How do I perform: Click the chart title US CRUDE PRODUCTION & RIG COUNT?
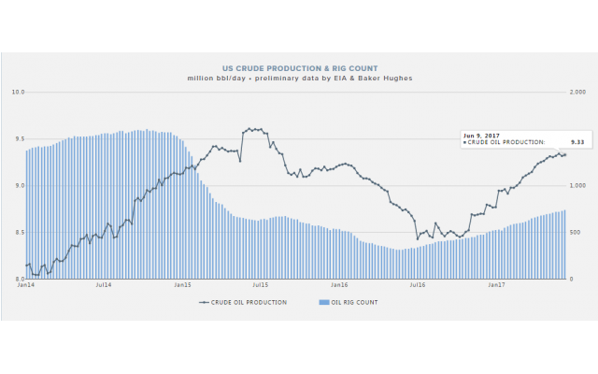tap(298, 68)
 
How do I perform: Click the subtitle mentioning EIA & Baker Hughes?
tap(298, 78)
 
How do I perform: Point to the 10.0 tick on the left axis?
tap(18, 92)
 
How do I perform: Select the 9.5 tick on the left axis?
tap(18, 138)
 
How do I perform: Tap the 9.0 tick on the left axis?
tap(18, 185)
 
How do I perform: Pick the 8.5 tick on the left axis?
tap(18, 232)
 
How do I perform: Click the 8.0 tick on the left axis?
tap(18, 279)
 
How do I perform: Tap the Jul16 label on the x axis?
tap(417, 285)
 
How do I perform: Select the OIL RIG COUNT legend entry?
tap(349, 303)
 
